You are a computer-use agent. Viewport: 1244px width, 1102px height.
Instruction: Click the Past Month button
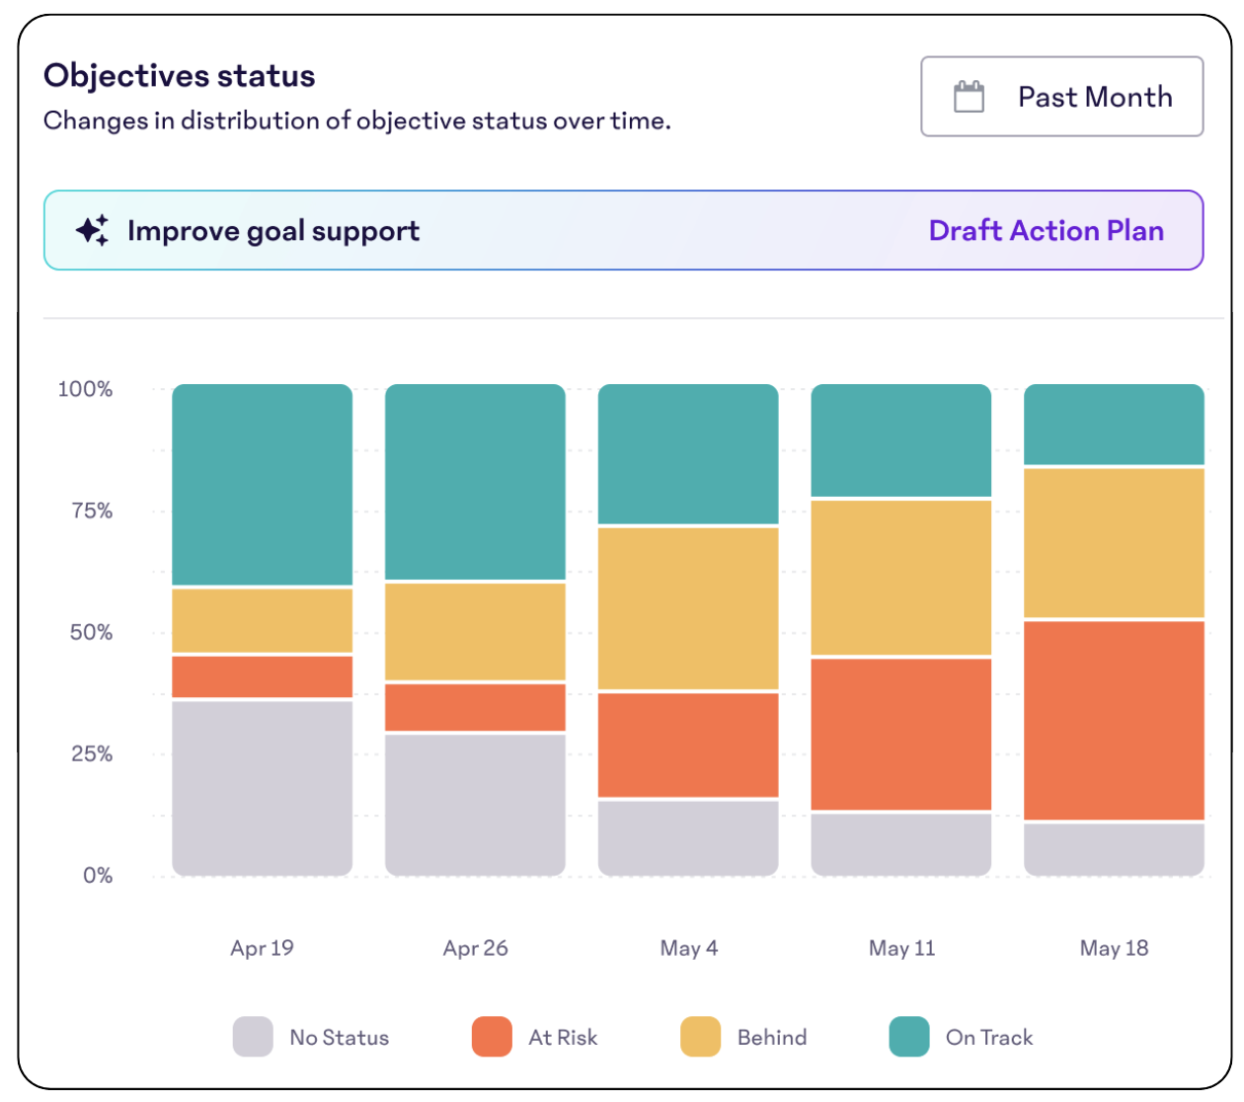pyautogui.click(x=1061, y=97)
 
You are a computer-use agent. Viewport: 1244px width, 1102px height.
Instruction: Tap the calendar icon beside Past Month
pyautogui.click(x=969, y=97)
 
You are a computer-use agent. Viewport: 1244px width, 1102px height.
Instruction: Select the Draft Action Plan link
pyautogui.click(x=1046, y=231)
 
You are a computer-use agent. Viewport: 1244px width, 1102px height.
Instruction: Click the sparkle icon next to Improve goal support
pyautogui.click(x=93, y=231)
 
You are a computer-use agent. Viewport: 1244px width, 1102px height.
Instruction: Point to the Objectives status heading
pyautogui.click(x=180, y=76)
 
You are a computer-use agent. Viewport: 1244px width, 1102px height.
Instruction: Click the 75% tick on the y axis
pyautogui.click(x=91, y=511)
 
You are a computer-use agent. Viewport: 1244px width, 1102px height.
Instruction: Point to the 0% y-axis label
pyautogui.click(x=97, y=876)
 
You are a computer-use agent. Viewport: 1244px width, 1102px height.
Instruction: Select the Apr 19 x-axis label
pyautogui.click(x=262, y=948)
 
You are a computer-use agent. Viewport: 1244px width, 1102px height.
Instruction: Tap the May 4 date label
pyautogui.click(x=688, y=948)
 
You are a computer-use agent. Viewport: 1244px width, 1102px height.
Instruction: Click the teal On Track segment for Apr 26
pyautogui.click(x=475, y=482)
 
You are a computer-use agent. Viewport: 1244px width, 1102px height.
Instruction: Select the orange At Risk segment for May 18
pyautogui.click(x=1114, y=720)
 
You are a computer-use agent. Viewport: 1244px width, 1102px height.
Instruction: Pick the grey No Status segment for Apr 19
pyautogui.click(x=262, y=787)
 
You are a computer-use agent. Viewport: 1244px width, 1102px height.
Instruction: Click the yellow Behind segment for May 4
pyautogui.click(x=688, y=608)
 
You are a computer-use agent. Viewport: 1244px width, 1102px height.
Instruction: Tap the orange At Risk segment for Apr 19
pyautogui.click(x=262, y=676)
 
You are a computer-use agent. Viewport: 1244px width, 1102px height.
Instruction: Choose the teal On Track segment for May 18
pyautogui.click(x=1114, y=424)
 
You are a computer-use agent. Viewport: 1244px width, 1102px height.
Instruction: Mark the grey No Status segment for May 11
pyautogui.click(x=900, y=844)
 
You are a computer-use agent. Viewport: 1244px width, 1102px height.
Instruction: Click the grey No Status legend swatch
pyautogui.click(x=253, y=1037)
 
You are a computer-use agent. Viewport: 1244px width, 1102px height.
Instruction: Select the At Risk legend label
pyautogui.click(x=563, y=1037)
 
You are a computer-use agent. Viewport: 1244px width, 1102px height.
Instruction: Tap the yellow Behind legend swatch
pyautogui.click(x=700, y=1037)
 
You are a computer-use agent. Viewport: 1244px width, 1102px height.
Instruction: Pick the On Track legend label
pyautogui.click(x=988, y=1037)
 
